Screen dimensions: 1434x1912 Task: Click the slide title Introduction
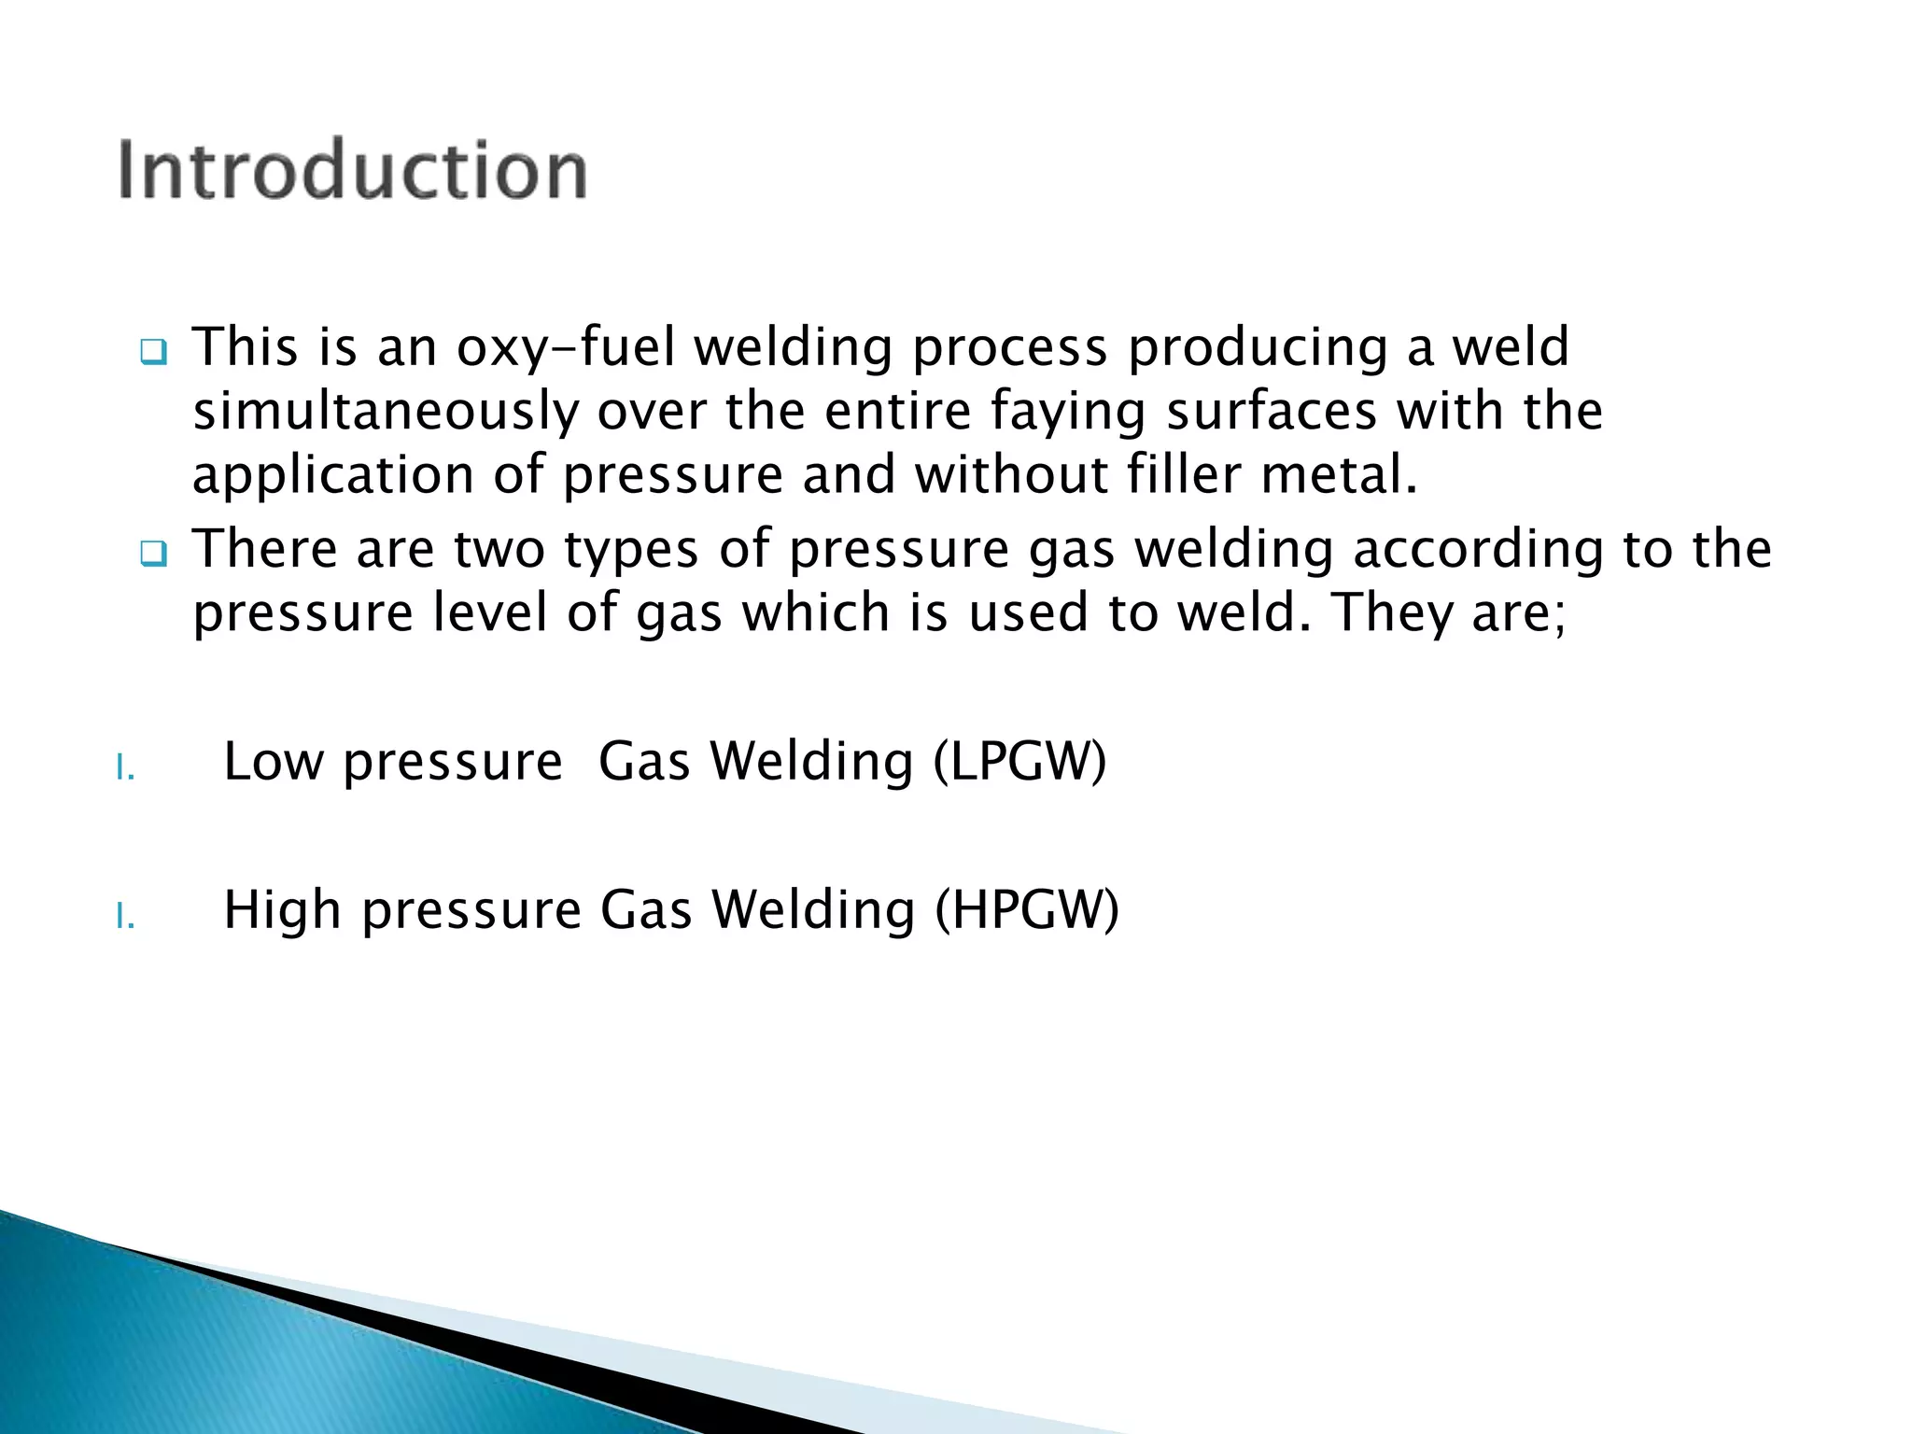tap(352, 170)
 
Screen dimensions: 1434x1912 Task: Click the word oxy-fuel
tap(566, 347)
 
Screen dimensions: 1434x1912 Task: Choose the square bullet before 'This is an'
tap(153, 353)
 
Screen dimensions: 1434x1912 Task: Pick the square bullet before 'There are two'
tap(153, 555)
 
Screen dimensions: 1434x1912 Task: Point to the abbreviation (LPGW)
tap(1019, 761)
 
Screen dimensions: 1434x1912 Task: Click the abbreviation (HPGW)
tap(1027, 909)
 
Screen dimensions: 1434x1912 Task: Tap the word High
tap(283, 909)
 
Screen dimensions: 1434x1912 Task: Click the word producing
tap(1257, 347)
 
